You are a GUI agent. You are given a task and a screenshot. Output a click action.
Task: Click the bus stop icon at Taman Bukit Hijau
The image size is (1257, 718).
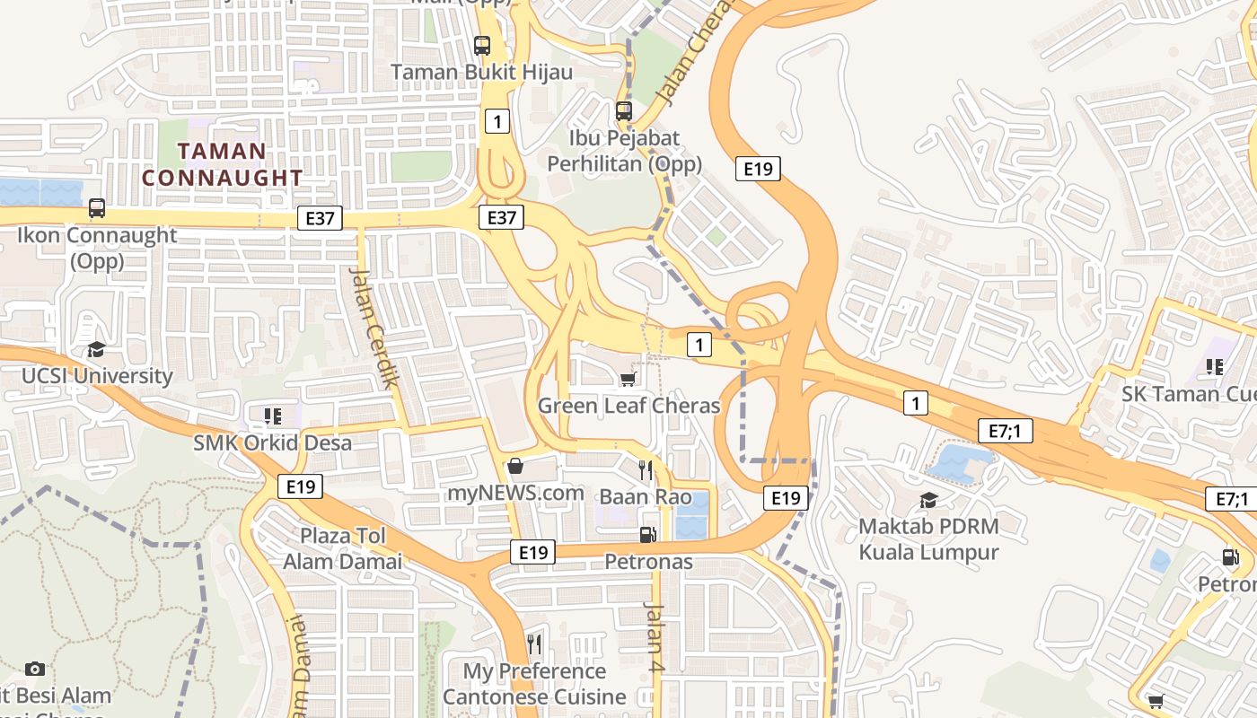pyautogui.click(x=482, y=45)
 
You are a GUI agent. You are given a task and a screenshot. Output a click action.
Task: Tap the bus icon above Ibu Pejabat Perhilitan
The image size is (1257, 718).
pyautogui.click(x=623, y=111)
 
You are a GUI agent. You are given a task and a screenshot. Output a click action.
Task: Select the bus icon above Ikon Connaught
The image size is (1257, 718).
pyautogui.click(x=97, y=208)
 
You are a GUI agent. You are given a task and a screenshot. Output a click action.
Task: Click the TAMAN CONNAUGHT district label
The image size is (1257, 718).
pyautogui.click(x=222, y=164)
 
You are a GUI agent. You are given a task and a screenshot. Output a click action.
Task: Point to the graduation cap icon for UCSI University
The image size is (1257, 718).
pyautogui.click(x=96, y=349)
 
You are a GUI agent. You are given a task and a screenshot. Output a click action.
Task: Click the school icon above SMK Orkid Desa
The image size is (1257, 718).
pyautogui.click(x=272, y=416)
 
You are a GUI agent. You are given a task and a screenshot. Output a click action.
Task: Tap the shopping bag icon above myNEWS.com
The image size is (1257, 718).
pyautogui.click(x=515, y=466)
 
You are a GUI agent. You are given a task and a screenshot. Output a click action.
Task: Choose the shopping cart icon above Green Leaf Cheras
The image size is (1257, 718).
pyautogui.click(x=628, y=379)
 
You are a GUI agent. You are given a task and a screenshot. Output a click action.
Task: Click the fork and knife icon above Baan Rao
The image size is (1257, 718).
pyautogui.click(x=645, y=469)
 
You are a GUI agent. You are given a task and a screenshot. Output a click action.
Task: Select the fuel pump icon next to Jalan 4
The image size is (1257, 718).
pyautogui.click(x=647, y=535)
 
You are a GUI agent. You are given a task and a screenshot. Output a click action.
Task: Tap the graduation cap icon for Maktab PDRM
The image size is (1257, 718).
pyautogui.click(x=928, y=499)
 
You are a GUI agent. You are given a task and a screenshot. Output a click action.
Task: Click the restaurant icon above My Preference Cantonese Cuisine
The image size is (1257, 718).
pyautogui.click(x=534, y=644)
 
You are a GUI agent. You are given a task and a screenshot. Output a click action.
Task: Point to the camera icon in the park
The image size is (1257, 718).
pyautogui.click(x=35, y=669)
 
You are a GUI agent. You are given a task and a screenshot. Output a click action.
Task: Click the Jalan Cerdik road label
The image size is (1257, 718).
pyautogui.click(x=375, y=327)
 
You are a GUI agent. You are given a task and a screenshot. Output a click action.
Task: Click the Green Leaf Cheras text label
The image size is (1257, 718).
pyautogui.click(x=628, y=406)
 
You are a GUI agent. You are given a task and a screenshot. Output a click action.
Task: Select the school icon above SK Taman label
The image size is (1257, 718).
pyautogui.click(x=1215, y=366)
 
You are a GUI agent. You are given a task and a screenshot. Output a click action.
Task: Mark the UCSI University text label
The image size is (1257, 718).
pyautogui.click(x=97, y=376)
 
